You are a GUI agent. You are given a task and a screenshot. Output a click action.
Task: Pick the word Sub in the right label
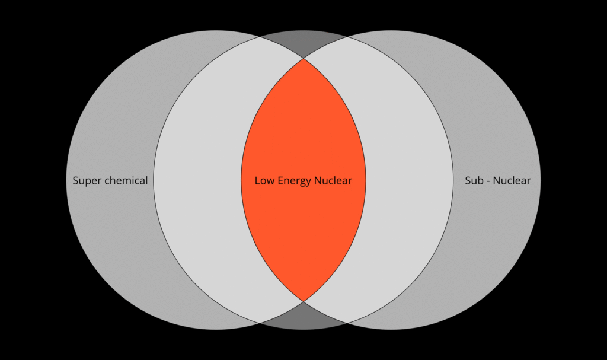click(x=474, y=180)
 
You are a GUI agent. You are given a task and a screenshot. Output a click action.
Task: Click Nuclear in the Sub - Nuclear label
click(x=512, y=180)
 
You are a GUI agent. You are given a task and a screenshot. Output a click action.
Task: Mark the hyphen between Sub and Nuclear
click(x=489, y=181)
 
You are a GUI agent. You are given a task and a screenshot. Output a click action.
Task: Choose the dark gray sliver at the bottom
click(x=303, y=316)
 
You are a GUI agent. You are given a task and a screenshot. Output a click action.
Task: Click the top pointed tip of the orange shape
click(x=303, y=58)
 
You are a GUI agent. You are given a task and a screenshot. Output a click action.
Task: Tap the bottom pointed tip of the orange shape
click(x=303, y=301)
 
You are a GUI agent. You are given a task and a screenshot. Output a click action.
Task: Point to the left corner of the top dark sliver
click(x=260, y=37)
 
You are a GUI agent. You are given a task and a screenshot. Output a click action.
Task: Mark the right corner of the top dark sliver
click(x=347, y=37)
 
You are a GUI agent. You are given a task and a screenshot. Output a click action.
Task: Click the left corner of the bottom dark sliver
click(x=260, y=323)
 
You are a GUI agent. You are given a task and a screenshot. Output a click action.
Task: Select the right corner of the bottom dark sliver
click(x=347, y=323)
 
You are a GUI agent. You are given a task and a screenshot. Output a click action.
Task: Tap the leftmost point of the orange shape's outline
click(x=241, y=180)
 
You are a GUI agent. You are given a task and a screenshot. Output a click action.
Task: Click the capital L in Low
click(x=257, y=180)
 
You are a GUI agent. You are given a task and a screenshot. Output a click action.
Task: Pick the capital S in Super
click(x=75, y=180)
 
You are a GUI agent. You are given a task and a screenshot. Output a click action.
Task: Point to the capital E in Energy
click(x=280, y=180)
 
